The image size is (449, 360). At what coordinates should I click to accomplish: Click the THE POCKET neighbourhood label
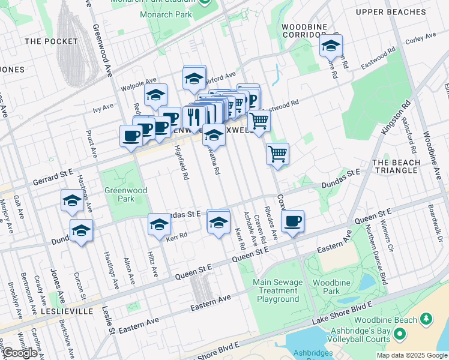point(52,41)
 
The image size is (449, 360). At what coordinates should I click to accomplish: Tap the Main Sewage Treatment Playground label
point(276,290)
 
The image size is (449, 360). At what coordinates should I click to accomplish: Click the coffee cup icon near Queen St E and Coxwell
point(292,221)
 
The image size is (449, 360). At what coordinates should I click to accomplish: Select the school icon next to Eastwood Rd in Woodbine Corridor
point(330,46)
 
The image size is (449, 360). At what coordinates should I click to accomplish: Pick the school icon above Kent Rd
point(218,221)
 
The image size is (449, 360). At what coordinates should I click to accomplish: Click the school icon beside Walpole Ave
point(155,95)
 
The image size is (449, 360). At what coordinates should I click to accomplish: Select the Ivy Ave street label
point(103,107)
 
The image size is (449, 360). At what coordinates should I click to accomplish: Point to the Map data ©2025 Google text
point(411,355)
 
